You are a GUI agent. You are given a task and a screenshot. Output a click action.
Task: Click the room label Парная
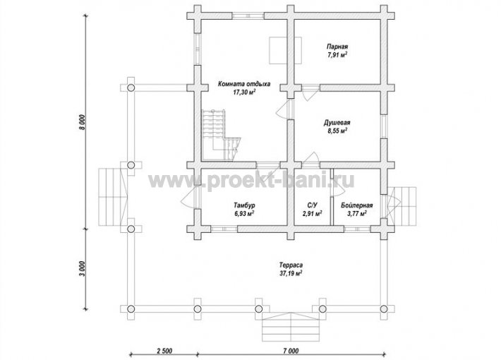coord(337,47)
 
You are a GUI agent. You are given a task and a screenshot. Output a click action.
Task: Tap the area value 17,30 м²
coord(244,92)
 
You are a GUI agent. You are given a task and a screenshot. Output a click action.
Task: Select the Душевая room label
coord(337,123)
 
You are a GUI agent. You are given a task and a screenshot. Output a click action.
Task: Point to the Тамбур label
coord(244,205)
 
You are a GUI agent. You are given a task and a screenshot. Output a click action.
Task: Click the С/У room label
coord(312,205)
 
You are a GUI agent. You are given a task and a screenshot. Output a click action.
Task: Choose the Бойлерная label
coord(356,205)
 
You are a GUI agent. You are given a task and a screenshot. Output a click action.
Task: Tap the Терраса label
coord(291,265)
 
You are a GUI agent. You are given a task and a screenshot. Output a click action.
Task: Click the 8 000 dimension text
coord(83,122)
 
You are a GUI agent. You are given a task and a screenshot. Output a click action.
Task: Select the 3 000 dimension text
coord(83,270)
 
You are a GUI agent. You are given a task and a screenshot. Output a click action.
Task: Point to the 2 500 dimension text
coord(164,351)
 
